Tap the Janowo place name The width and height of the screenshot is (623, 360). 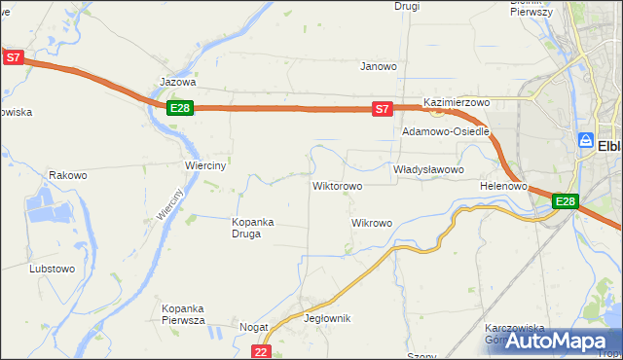click(x=379, y=66)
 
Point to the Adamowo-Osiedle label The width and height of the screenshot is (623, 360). click(x=445, y=131)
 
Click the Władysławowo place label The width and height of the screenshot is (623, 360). click(x=428, y=168)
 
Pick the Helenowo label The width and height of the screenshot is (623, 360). click(x=503, y=185)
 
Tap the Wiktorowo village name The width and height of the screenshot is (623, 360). click(x=337, y=185)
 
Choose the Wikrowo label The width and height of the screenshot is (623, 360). click(x=371, y=223)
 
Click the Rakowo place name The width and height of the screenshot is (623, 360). click(x=68, y=175)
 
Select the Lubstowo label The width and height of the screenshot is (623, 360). click(x=53, y=268)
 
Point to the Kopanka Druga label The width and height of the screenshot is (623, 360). click(x=252, y=227)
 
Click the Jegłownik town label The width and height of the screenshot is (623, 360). click(x=327, y=318)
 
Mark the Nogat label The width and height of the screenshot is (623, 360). click(x=254, y=328)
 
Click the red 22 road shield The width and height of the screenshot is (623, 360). click(x=260, y=351)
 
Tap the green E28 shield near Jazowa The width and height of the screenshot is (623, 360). click(x=179, y=107)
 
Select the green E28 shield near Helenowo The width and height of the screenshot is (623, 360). click(x=566, y=201)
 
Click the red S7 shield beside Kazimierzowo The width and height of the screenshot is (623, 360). click(x=383, y=109)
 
